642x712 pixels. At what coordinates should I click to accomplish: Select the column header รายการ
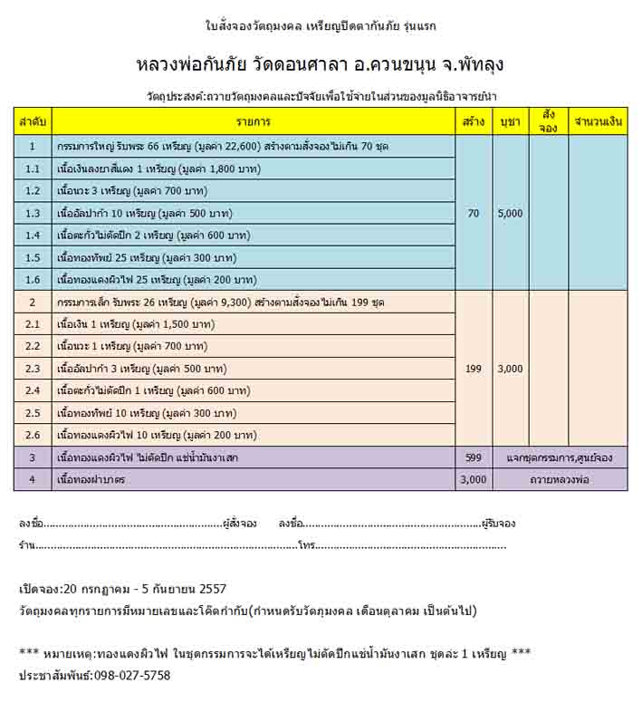(x=254, y=121)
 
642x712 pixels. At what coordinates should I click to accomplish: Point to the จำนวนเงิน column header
(x=599, y=121)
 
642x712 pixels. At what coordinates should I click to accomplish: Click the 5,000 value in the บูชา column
(x=511, y=214)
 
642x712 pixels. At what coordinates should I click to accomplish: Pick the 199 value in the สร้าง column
(x=474, y=370)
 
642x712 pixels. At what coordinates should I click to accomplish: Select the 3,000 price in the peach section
(x=511, y=370)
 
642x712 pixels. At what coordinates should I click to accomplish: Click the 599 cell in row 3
(x=474, y=458)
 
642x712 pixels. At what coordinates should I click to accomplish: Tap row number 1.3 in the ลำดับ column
(x=34, y=214)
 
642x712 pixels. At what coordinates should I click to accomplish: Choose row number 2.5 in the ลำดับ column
(x=34, y=413)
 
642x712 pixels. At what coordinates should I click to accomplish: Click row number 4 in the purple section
(x=34, y=480)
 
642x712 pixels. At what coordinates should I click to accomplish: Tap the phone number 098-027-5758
(x=129, y=676)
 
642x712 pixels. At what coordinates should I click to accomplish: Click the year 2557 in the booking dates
(x=211, y=589)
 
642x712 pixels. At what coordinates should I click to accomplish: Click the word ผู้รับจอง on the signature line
(x=498, y=524)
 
